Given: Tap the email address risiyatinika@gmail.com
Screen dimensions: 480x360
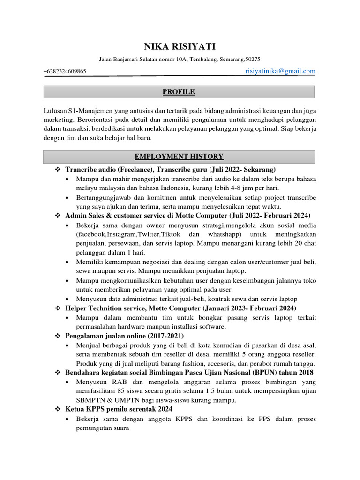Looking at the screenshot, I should pos(280,71).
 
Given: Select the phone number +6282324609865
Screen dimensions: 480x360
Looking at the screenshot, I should pos(65,71).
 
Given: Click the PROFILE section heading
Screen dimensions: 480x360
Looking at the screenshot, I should pos(179,92).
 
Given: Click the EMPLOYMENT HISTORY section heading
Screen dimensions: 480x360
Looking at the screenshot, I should pos(179,157).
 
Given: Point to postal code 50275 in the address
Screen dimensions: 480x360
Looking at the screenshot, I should pos(253,60).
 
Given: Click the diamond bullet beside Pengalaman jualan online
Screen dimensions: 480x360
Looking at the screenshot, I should pos(58,336).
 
